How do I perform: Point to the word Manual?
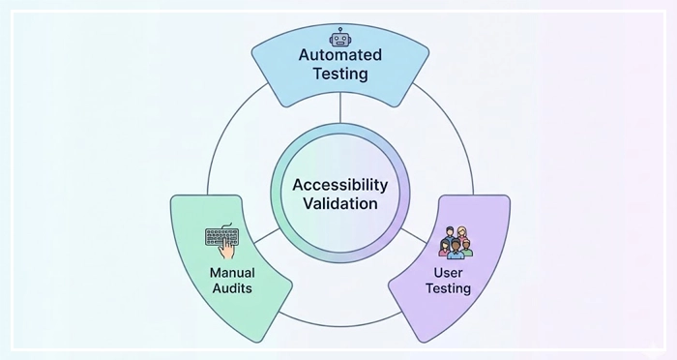[232, 272]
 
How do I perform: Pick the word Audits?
[232, 288]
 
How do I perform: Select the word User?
[450, 272]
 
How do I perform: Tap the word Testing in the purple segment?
[450, 288]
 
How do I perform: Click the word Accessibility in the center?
[340, 184]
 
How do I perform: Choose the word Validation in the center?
[340, 204]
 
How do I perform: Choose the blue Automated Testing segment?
[290, 77]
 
